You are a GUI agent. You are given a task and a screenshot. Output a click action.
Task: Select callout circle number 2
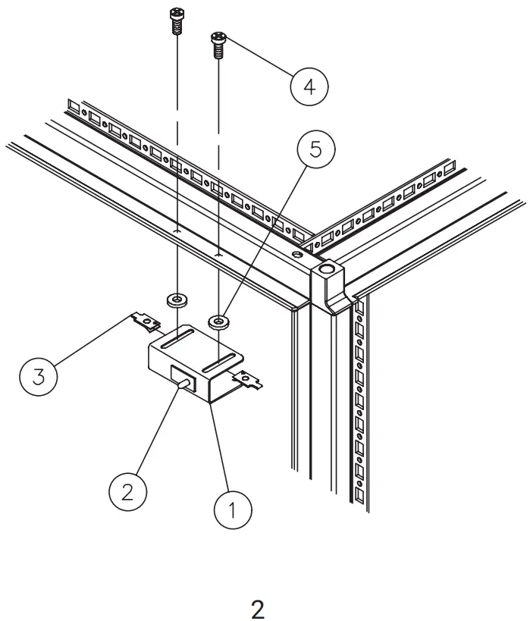pyautogui.click(x=127, y=492)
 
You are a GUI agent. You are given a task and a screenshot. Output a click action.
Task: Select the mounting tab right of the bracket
pyautogui.click(x=250, y=378)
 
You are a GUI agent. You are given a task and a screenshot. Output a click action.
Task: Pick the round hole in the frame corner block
pyautogui.click(x=327, y=269)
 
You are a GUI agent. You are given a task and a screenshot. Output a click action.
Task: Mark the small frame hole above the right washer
pyautogui.click(x=218, y=256)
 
